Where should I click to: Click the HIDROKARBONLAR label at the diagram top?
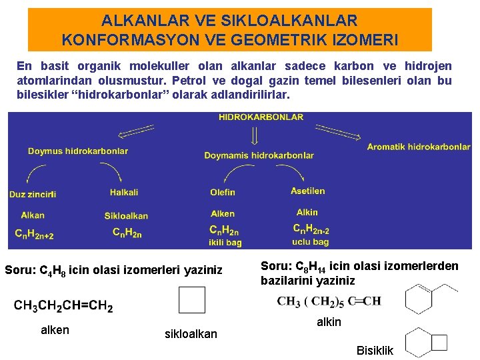[261, 117]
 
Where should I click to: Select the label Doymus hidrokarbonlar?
[78, 151]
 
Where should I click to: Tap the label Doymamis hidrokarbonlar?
[259, 155]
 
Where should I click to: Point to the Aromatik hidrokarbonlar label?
[418, 147]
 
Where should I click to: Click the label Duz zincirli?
[33, 194]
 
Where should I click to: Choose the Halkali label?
[124, 193]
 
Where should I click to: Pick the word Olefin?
[223, 192]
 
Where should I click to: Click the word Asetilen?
[308, 191]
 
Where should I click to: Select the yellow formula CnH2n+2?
[34, 233]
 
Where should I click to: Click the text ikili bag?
[225, 243]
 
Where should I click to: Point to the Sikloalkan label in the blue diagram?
[126, 216]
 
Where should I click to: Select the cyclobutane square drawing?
[192, 300]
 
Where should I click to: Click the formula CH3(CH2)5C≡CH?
[329, 301]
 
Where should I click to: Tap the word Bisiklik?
[375, 351]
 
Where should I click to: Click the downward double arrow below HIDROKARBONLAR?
[254, 137]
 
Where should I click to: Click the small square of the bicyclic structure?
[439, 342]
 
